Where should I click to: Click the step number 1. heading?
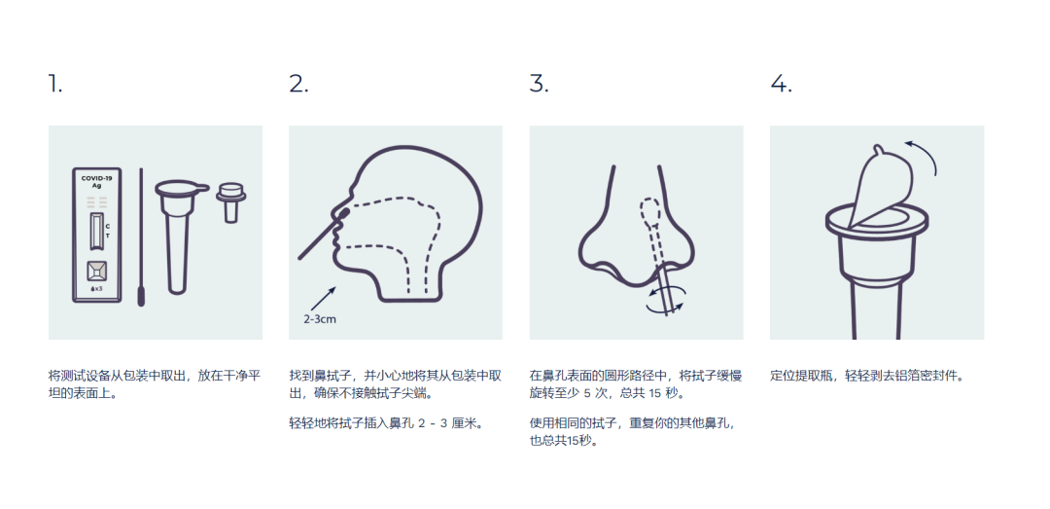(x=54, y=84)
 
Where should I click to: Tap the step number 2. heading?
(x=298, y=84)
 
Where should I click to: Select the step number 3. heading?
(x=539, y=84)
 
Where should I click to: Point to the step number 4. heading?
(x=781, y=84)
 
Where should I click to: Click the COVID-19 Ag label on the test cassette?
(x=97, y=181)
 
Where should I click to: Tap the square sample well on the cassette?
(x=96, y=271)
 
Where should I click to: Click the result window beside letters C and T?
(x=96, y=232)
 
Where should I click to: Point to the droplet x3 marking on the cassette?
(x=96, y=288)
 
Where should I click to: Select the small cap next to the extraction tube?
(x=231, y=201)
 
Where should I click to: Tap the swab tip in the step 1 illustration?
(x=141, y=296)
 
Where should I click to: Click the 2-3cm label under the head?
(x=320, y=319)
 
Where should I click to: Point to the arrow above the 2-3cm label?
(x=322, y=299)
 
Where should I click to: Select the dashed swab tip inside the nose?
(x=649, y=214)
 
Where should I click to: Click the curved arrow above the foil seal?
(x=924, y=155)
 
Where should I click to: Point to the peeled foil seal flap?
(x=880, y=183)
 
